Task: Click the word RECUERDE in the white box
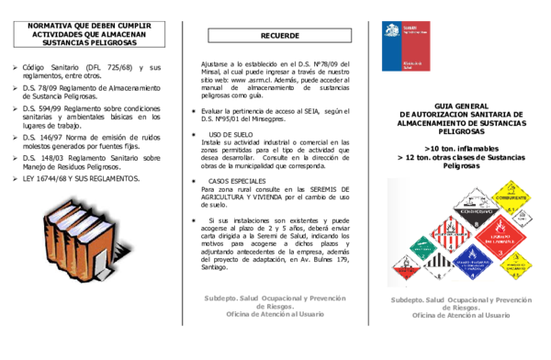click(x=279, y=36)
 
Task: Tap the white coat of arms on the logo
click(x=391, y=31)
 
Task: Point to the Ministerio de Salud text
click(x=412, y=62)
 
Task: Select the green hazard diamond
click(x=422, y=247)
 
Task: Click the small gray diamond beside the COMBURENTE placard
click(x=522, y=219)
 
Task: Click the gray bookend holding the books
click(x=99, y=262)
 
